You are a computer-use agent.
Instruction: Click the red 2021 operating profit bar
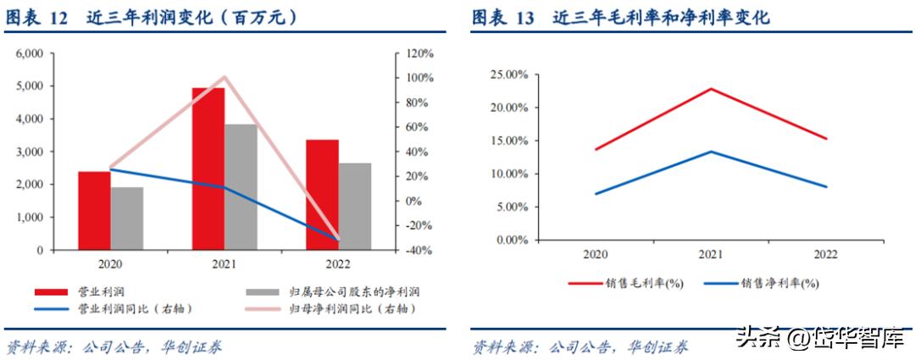[208, 169]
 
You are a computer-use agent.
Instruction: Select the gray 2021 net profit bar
[241, 187]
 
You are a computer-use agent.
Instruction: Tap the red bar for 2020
[94, 211]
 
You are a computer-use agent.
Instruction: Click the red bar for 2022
[323, 195]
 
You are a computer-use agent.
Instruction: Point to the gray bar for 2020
[127, 219]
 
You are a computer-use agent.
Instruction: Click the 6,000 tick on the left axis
[29, 53]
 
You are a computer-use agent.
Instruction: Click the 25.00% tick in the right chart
[509, 75]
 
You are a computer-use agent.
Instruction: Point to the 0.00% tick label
[512, 240]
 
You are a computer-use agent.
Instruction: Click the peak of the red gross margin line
[710, 88]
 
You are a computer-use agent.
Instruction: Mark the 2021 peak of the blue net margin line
[710, 152]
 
